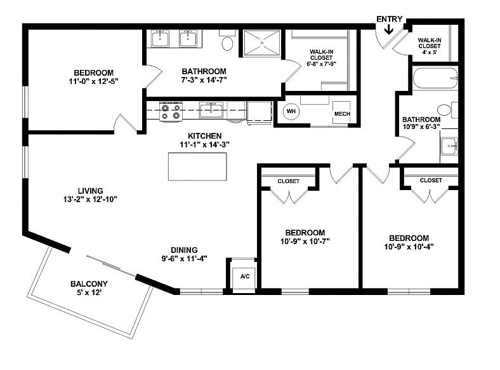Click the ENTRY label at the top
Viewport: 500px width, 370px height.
tap(389, 18)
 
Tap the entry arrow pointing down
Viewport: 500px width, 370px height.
tap(389, 30)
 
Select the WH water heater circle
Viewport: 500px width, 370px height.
tap(291, 111)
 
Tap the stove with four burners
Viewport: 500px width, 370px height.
tap(170, 112)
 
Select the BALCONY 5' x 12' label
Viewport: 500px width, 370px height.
tap(89, 288)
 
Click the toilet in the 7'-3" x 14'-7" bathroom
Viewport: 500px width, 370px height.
tap(228, 43)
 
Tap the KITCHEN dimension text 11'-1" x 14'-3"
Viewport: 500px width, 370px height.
tap(204, 144)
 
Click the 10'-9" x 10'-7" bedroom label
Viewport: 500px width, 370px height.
tap(305, 236)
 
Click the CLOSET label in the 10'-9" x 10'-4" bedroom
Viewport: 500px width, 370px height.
tap(431, 180)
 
